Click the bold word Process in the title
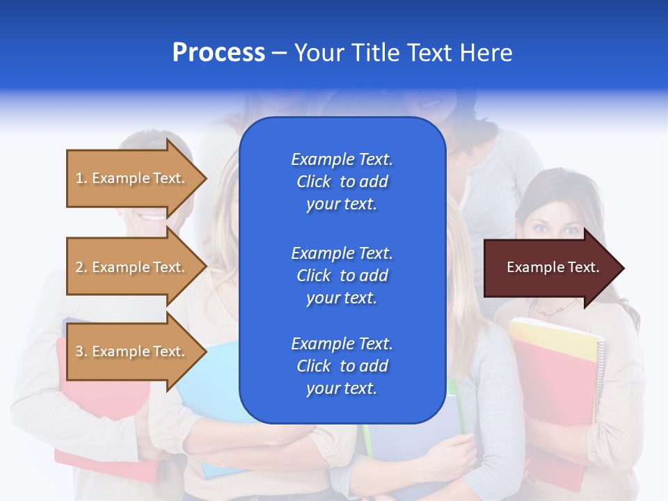[x=218, y=53]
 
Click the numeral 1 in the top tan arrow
[x=79, y=178]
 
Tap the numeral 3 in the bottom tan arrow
[x=79, y=351]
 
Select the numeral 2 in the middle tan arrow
[x=79, y=267]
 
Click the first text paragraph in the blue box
[x=342, y=182]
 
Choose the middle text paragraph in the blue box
[x=342, y=276]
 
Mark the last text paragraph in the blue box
[x=342, y=366]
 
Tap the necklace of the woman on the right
[x=554, y=309]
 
